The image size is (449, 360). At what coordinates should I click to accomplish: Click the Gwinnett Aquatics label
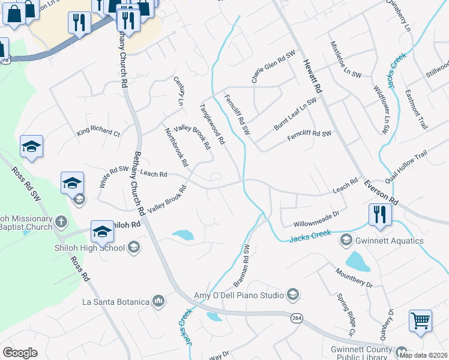pos(390,241)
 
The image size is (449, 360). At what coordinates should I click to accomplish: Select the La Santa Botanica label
pos(115,301)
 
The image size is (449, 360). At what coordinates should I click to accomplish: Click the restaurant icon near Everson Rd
pos(380,214)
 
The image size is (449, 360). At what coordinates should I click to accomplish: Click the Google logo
pos(20,353)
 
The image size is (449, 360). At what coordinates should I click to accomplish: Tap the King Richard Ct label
pos(98,131)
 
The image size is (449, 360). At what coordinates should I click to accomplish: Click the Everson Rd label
pos(385,191)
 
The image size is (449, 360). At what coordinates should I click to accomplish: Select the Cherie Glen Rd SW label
pos(274,67)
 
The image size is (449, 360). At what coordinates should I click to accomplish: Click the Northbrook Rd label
pos(176,147)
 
